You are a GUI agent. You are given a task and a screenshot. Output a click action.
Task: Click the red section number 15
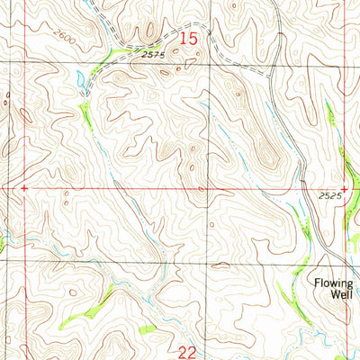(x=187, y=39)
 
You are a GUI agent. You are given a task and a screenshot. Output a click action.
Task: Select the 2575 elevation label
(x=154, y=54)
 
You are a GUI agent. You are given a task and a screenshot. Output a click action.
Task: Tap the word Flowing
(x=334, y=283)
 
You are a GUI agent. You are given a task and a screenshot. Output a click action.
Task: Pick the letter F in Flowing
(x=317, y=283)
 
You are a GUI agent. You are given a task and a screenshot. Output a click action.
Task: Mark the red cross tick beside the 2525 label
(x=345, y=188)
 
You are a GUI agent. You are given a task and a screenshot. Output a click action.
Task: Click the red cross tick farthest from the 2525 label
(x=24, y=188)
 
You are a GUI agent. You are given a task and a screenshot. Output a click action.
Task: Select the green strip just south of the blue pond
(x=85, y=112)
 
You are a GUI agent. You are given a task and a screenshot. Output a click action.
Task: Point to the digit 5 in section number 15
(x=192, y=39)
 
